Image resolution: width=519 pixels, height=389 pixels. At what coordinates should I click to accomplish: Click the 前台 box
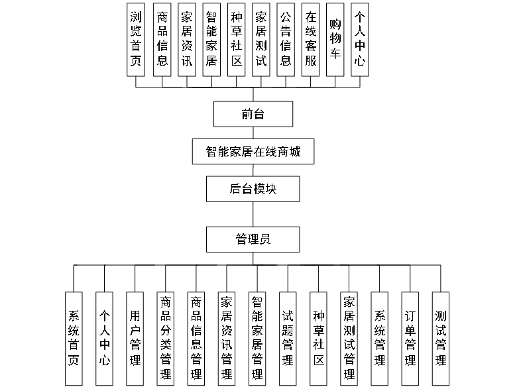pos(253,114)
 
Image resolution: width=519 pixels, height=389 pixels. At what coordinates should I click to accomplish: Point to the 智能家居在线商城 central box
pos(253,152)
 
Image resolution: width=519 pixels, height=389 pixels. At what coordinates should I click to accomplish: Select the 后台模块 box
pos(253,189)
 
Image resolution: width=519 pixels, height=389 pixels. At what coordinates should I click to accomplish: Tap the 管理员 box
pos(253,239)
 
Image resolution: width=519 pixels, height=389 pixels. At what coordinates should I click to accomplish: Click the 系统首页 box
pos(74,338)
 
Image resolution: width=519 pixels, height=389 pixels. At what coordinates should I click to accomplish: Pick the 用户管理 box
pos(135,338)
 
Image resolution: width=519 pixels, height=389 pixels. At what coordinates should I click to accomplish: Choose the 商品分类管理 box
pos(166,338)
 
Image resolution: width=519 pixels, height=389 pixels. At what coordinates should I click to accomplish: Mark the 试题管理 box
pos(288,338)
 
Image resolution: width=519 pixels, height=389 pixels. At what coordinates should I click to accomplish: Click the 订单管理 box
pos(410,338)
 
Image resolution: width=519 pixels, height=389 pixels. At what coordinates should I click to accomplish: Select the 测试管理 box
pos(441,338)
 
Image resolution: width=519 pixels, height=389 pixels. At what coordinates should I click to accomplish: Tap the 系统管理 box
pos(380,338)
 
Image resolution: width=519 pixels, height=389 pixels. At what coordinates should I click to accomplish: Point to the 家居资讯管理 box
pos(227,338)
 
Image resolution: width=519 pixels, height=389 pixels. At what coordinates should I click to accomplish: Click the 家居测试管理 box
pos(349,338)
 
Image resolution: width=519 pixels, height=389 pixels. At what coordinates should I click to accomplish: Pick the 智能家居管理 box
pos(257,338)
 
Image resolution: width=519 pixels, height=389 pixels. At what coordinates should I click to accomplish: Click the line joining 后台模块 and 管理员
pos(253,214)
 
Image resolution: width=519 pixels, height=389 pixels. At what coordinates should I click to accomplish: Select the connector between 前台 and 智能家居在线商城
pos(253,133)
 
